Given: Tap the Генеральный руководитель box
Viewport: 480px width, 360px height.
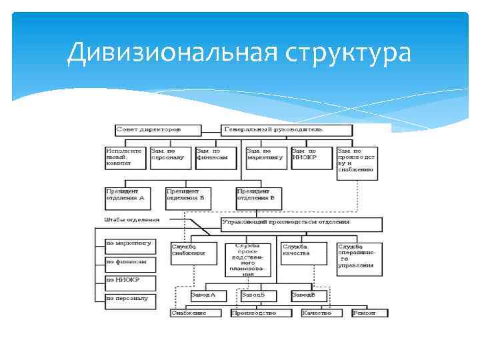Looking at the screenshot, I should [287, 129].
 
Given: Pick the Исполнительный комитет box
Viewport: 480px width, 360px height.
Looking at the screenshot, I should [125, 157].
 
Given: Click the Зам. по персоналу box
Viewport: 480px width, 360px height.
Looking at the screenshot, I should [170, 157].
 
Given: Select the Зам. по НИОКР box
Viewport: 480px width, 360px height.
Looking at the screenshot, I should [311, 157].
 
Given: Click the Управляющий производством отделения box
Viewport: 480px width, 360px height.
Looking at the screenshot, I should [301, 223].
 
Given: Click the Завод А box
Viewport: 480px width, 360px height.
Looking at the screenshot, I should [207, 295].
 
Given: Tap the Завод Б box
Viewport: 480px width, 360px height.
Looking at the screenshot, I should [257, 295].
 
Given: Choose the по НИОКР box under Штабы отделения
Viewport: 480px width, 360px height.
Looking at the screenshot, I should [131, 281].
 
